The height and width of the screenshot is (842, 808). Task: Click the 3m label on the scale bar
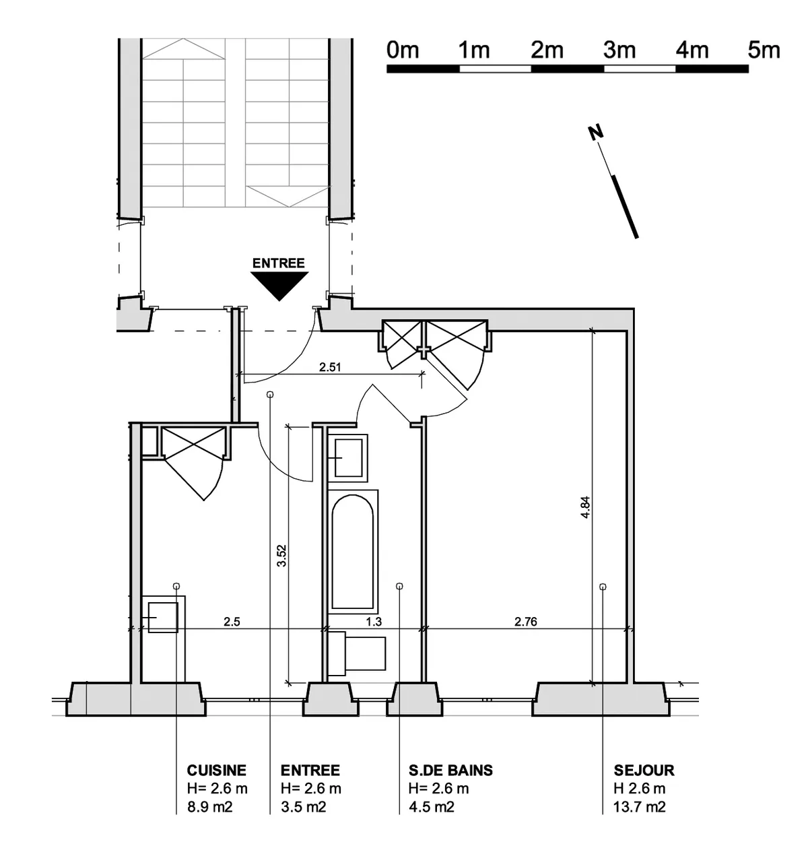pyautogui.click(x=619, y=51)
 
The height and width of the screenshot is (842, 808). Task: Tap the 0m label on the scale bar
pyautogui.click(x=403, y=51)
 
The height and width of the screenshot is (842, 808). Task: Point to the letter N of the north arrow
pyautogui.click(x=596, y=133)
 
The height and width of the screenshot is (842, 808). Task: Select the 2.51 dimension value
pyautogui.click(x=330, y=367)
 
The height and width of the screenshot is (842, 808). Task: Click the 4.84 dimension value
pyautogui.click(x=585, y=507)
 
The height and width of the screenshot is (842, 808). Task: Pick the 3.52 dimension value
pyautogui.click(x=281, y=556)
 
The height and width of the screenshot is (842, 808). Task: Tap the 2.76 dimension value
pyautogui.click(x=526, y=622)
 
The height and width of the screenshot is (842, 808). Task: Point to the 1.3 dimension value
pyautogui.click(x=374, y=622)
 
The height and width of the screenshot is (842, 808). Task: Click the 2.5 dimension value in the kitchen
pyautogui.click(x=232, y=622)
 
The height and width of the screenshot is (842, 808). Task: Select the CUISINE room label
pyautogui.click(x=216, y=770)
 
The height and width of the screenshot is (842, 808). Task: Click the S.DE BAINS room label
pyautogui.click(x=450, y=770)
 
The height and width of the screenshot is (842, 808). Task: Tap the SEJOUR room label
pyautogui.click(x=644, y=770)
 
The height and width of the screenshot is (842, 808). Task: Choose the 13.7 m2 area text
pyautogui.click(x=639, y=807)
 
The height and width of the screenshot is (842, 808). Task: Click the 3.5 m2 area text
pyautogui.click(x=303, y=807)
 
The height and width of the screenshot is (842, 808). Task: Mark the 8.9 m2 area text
pyautogui.click(x=210, y=807)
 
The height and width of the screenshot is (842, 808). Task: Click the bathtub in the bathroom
pyautogui.click(x=353, y=552)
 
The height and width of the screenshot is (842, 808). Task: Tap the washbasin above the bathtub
pyautogui.click(x=347, y=458)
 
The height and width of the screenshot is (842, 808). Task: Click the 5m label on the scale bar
pyautogui.click(x=764, y=51)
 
